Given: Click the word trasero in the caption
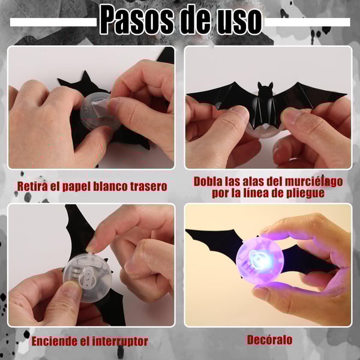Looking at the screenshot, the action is pyautogui.click(x=149, y=187).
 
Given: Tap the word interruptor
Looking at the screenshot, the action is pyautogui.click(x=120, y=341).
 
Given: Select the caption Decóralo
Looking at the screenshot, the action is pyautogui.click(x=270, y=340).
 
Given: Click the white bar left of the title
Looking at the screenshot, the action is pyautogui.click(x=53, y=22).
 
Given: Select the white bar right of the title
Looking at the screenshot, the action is pyautogui.click(x=307, y=22).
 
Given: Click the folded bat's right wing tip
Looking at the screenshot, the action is pyautogui.click(x=347, y=94).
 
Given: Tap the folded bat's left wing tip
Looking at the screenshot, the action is pyautogui.click(x=187, y=94).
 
